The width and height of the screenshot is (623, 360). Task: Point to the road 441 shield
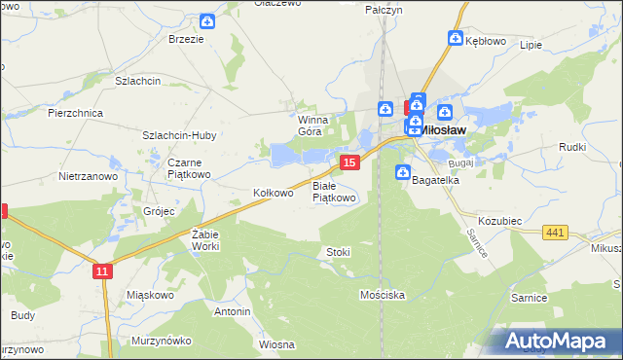(x=556, y=232)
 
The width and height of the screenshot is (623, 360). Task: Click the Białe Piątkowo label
(x=334, y=192)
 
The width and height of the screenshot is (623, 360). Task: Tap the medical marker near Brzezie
(x=207, y=21)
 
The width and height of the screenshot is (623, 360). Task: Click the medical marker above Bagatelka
(x=403, y=172)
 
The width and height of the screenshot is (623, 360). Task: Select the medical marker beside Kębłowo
(x=455, y=38)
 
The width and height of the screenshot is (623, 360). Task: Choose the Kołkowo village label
(x=274, y=193)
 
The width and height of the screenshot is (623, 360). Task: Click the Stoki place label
(x=338, y=252)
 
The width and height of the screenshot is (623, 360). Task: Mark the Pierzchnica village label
(x=76, y=113)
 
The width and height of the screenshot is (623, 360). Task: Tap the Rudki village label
(x=571, y=147)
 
